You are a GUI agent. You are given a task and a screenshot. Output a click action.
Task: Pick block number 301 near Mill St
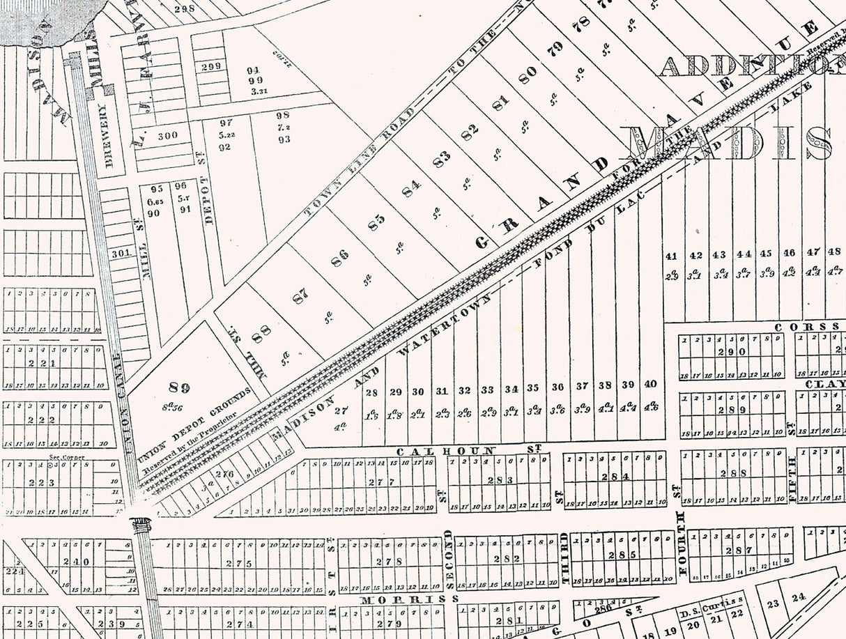(x=121, y=254)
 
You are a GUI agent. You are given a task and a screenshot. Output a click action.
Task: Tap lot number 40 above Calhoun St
(x=651, y=384)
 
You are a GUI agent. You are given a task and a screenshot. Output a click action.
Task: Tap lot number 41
(x=672, y=256)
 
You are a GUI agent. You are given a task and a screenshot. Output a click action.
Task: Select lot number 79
(x=555, y=49)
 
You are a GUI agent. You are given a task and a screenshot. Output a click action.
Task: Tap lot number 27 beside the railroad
(x=341, y=411)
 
